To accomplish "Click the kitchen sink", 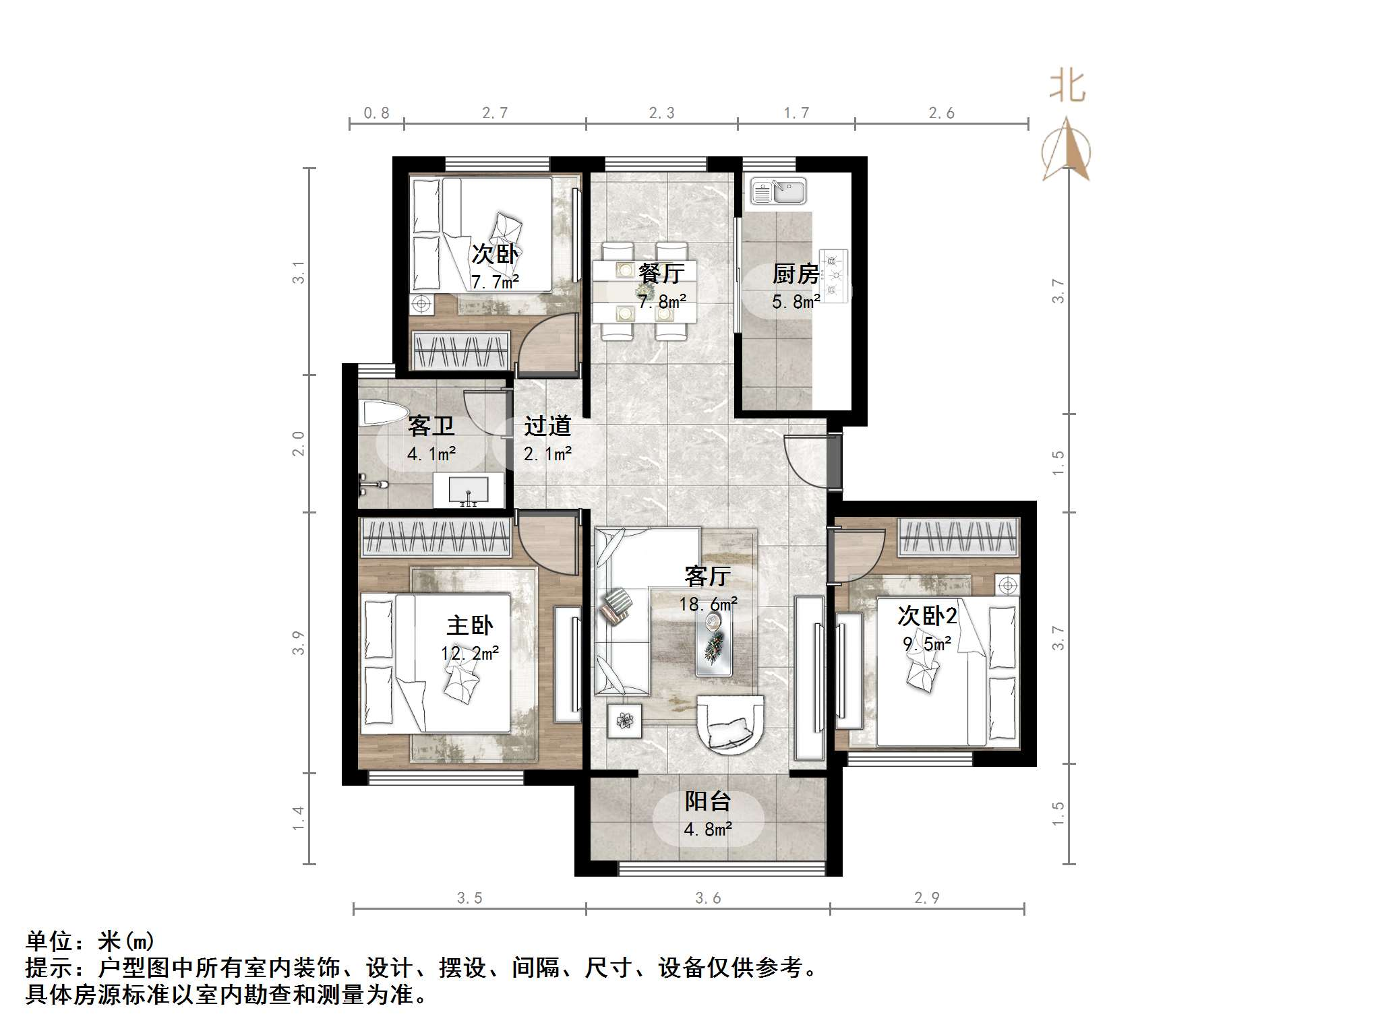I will [779, 191].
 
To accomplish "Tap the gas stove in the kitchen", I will [835, 276].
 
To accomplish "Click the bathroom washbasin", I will [468, 491].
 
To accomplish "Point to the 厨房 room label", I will [796, 274].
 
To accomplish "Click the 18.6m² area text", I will [708, 604].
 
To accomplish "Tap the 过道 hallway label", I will [547, 426].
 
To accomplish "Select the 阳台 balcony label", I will [708, 801].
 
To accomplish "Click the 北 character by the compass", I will [1067, 87].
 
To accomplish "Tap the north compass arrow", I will [1066, 151].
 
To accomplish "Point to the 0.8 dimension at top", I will [376, 113].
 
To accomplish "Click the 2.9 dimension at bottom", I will [926, 898].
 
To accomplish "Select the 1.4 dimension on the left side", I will [298, 818].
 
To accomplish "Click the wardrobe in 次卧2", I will [958, 538].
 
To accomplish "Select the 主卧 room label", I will [469, 625].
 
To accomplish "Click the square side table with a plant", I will [626, 720].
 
